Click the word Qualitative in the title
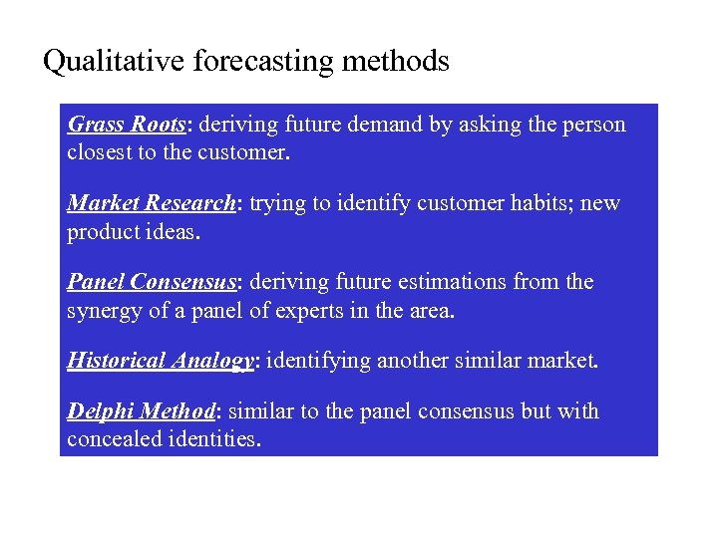point(102,62)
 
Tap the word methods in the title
point(395,62)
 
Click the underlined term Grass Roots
point(127,125)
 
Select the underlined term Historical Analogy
point(161,361)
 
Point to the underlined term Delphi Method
point(141,411)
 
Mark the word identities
point(215,439)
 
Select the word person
point(593,125)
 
